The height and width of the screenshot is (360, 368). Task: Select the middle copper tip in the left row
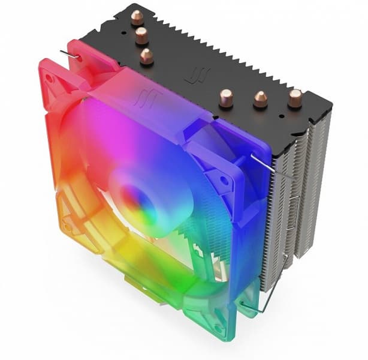pos(142,35)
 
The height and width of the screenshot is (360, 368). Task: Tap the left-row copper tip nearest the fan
pos(146,56)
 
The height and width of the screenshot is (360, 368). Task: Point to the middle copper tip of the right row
pos(260,98)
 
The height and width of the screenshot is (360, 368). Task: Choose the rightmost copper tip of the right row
pos(295,98)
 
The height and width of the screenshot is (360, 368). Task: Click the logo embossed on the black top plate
pos(194,76)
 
